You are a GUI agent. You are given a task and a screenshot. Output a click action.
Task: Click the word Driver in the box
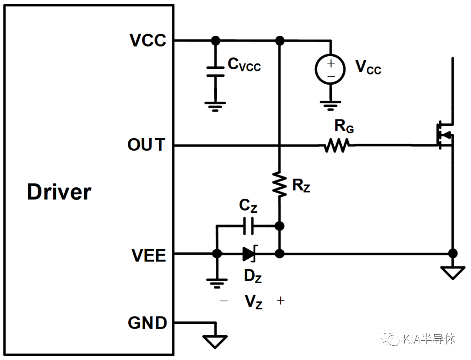(x=59, y=192)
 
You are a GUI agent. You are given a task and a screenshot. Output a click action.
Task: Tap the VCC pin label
(x=148, y=40)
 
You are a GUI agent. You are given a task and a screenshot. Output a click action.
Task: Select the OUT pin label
(x=146, y=144)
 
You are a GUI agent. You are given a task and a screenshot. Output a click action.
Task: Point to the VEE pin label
(x=149, y=255)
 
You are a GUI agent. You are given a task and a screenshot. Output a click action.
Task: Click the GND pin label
(x=147, y=323)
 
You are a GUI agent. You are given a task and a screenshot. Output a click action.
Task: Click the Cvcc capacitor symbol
(x=215, y=71)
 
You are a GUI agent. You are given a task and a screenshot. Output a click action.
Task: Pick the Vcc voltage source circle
(x=331, y=69)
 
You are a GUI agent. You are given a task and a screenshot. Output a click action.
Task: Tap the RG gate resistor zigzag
(x=337, y=145)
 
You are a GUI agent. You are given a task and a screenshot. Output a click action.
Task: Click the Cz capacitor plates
(x=248, y=226)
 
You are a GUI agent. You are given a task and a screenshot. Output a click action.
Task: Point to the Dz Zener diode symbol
(x=250, y=254)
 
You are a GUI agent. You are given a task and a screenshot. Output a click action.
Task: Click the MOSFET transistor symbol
(x=445, y=135)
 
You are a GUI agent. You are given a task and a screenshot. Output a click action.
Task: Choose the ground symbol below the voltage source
(x=331, y=105)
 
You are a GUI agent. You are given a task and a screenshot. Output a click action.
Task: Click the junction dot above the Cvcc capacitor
(x=215, y=40)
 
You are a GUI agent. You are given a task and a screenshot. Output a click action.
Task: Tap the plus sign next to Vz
(x=280, y=301)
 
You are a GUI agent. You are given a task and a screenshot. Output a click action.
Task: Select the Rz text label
(x=301, y=185)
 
